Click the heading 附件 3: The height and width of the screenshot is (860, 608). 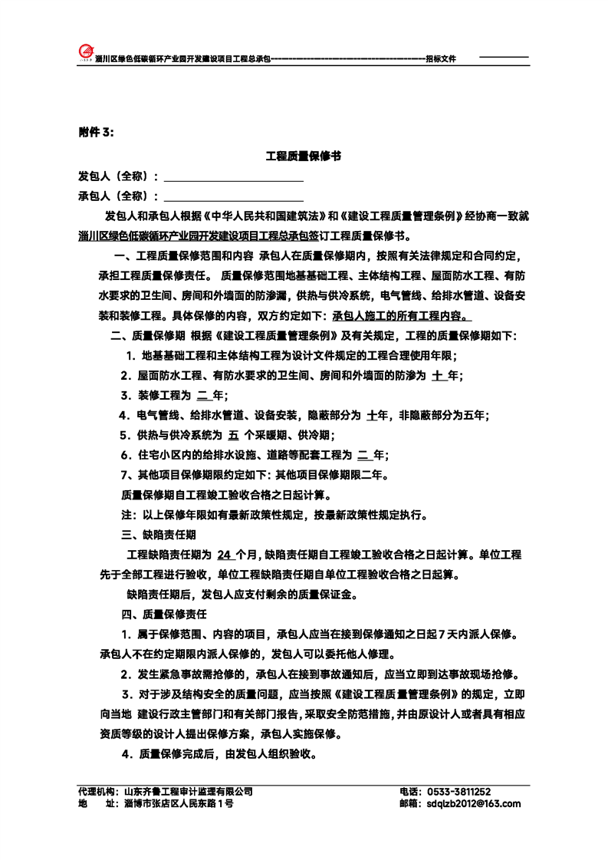coord(96,132)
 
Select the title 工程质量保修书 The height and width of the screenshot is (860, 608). coord(303,156)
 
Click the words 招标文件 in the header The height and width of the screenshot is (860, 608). coord(441,58)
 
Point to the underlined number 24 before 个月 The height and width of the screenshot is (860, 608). coord(224,555)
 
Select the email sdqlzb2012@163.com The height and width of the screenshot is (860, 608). coord(472,804)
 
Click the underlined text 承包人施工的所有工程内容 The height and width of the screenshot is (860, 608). coord(401,315)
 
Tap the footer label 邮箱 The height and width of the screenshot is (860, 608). coord(410,804)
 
